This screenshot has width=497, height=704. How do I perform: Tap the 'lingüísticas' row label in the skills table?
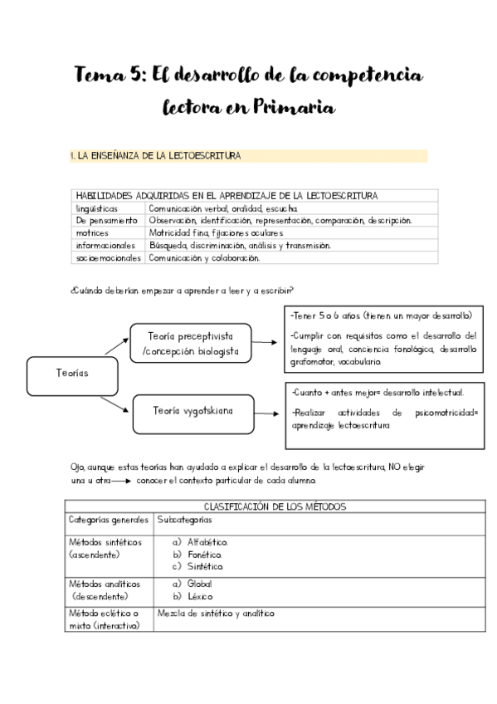click(x=96, y=208)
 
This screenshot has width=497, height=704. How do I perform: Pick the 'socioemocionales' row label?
click(x=108, y=258)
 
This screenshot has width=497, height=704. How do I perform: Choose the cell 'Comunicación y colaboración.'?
click(x=204, y=258)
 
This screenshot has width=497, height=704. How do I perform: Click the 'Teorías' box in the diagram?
click(x=73, y=373)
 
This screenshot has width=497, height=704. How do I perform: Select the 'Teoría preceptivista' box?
click(x=190, y=343)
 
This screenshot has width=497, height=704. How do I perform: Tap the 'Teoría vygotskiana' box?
click(x=192, y=410)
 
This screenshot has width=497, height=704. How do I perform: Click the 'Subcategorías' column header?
click(x=184, y=520)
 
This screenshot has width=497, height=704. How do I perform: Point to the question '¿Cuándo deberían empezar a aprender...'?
click(x=183, y=290)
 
